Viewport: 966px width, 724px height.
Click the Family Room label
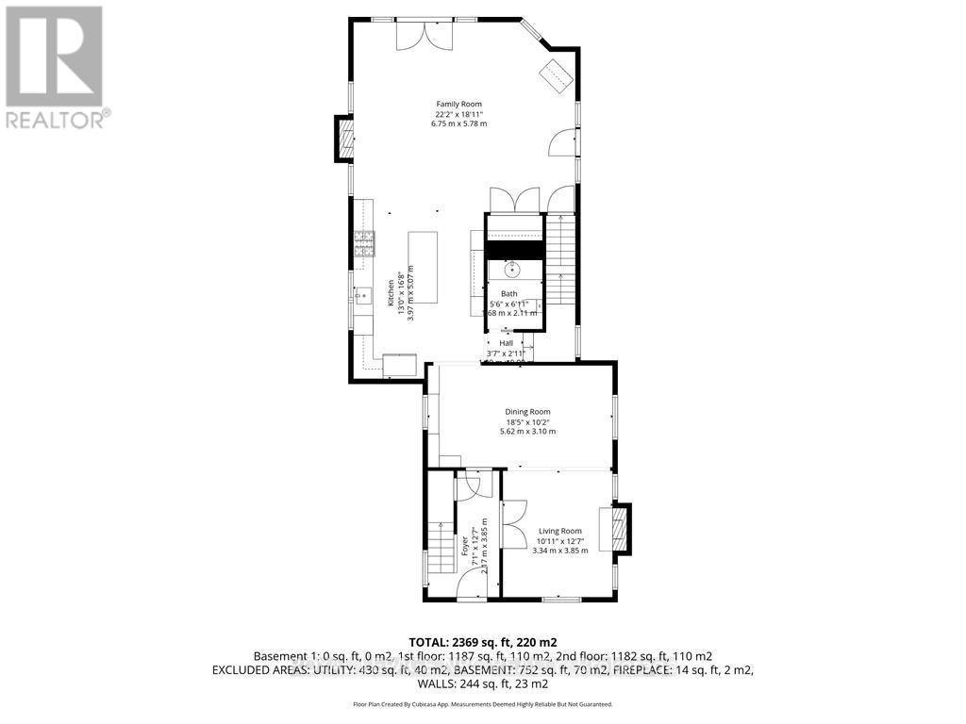(x=458, y=104)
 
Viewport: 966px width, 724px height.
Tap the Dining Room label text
(x=526, y=411)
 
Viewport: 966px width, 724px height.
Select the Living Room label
(x=559, y=531)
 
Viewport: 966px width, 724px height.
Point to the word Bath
(x=508, y=294)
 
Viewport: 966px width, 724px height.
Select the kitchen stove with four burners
(x=364, y=245)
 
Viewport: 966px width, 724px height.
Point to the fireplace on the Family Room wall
(x=346, y=139)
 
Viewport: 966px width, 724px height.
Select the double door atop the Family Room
(x=423, y=36)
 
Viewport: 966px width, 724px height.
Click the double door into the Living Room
(x=514, y=522)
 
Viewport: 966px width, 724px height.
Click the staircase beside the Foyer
(x=439, y=548)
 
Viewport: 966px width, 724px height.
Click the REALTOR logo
(x=55, y=66)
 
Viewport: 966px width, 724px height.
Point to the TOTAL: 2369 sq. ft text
(x=482, y=639)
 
